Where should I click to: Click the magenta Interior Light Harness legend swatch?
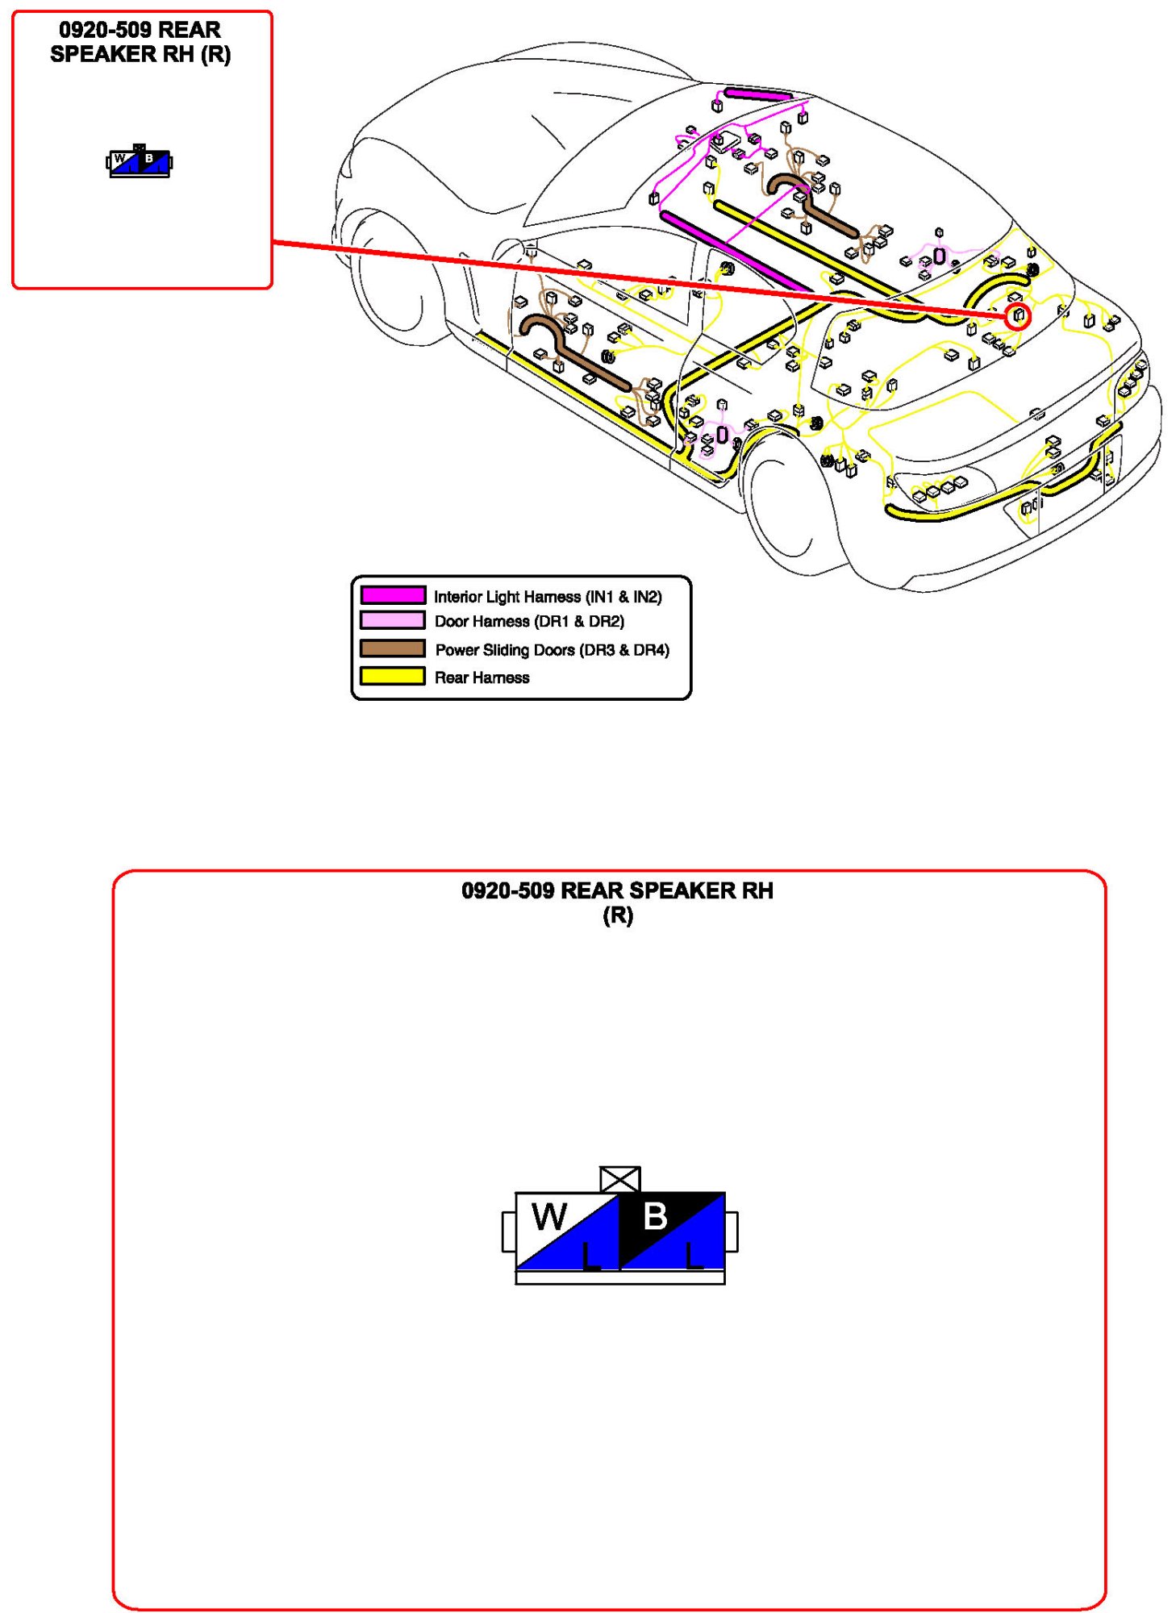pos(392,595)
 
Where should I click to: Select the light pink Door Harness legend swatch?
pos(392,620)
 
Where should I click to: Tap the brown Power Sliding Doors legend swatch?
pos(392,648)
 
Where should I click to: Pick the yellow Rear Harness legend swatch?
pos(392,676)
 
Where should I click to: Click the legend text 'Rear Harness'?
pos(482,677)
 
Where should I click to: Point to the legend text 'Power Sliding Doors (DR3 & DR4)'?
pos(552,649)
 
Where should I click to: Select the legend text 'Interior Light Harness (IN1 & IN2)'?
pos(548,596)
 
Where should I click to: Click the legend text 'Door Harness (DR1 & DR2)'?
pos(529,621)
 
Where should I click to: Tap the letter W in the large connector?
pos(549,1216)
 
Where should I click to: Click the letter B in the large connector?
pos(655,1216)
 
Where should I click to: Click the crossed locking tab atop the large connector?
pos(620,1178)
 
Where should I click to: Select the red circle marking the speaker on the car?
pos(1019,315)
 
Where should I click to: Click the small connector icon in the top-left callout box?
pos(140,162)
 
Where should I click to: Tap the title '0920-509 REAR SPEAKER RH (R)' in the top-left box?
pos(140,42)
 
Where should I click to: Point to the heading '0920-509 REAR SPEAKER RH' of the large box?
pos(617,890)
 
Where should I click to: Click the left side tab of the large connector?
pos(509,1232)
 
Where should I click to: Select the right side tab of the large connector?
pos(732,1232)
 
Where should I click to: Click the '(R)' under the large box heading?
pos(618,915)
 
